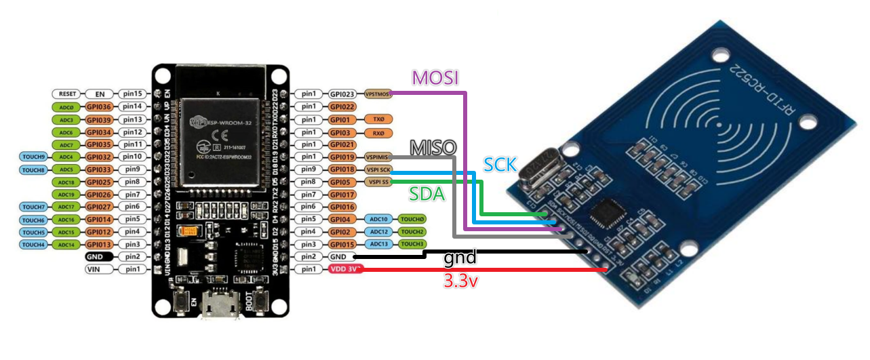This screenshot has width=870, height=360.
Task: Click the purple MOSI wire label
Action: click(x=437, y=78)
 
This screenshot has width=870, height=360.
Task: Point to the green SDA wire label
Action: click(x=427, y=195)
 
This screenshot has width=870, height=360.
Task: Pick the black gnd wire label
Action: click(x=460, y=258)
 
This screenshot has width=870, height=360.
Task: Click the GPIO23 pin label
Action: click(x=342, y=94)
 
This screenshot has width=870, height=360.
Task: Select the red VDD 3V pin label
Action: click(x=346, y=270)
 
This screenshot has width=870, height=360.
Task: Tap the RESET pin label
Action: click(x=66, y=94)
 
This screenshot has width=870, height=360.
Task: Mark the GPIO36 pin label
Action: click(x=98, y=107)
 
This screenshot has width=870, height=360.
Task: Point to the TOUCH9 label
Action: click(x=33, y=157)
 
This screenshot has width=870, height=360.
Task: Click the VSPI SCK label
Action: click(x=378, y=169)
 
